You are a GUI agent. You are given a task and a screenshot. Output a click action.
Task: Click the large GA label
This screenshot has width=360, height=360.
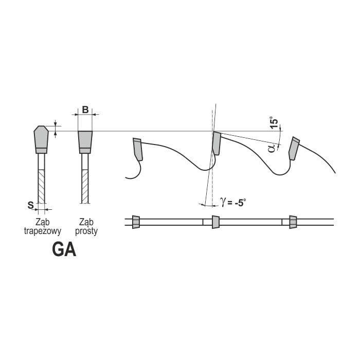pos(64,250)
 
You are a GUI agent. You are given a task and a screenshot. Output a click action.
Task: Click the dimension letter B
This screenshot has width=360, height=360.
pos(85,110)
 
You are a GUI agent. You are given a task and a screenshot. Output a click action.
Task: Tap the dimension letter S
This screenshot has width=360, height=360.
pos(30,205)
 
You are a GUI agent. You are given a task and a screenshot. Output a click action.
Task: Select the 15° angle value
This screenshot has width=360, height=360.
pos(274,122)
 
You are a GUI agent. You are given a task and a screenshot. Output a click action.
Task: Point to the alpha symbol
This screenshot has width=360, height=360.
pos(272,148)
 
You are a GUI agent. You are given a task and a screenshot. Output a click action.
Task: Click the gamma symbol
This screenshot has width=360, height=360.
pos(223,202)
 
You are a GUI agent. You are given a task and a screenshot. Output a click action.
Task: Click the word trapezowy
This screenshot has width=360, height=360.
pos(43,231)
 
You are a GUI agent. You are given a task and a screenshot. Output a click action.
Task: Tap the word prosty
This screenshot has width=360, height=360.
pos(86,231)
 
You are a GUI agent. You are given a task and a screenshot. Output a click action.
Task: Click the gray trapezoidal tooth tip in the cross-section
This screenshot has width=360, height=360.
pos(41,139)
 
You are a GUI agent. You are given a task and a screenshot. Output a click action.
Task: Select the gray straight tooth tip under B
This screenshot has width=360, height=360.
pos(85,142)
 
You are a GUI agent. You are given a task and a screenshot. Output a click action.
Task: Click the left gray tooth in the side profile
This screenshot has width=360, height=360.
pos(138,149)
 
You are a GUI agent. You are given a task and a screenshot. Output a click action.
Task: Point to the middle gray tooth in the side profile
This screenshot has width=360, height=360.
pos(217,143)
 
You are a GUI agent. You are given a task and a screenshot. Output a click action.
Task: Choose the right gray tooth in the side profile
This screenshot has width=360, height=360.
pos(294,148)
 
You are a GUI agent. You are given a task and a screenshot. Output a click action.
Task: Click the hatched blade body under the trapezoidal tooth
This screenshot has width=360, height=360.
pos(41,186)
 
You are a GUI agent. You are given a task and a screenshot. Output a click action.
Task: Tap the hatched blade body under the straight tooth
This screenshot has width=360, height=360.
pos(85,186)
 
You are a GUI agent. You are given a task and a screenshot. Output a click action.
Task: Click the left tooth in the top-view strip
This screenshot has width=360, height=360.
pos(136,222)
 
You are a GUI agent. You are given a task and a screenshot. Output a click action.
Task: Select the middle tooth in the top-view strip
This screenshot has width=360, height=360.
pos(215,222)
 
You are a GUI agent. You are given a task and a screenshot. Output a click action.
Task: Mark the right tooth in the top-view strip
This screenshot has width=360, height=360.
pos(293,222)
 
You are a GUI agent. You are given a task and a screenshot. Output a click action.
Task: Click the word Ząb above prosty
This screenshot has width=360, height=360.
pos(86,222)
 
